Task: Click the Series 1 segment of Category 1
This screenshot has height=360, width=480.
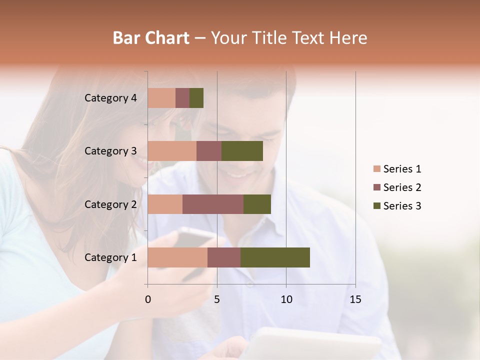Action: tap(177, 257)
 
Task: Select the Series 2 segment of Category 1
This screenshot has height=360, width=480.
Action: tap(224, 257)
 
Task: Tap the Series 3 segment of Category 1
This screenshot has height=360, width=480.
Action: tap(275, 257)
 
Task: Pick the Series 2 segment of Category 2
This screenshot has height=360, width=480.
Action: tap(213, 204)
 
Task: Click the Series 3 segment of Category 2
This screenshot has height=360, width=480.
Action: tap(257, 204)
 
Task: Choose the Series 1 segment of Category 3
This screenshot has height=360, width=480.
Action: tap(172, 151)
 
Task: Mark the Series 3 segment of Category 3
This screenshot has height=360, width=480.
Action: tap(242, 151)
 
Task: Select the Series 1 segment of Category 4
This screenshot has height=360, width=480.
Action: tap(161, 98)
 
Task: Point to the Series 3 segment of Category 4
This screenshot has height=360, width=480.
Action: tap(196, 98)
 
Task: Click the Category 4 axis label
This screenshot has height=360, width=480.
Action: tap(110, 98)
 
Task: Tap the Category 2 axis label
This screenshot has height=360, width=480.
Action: tap(110, 204)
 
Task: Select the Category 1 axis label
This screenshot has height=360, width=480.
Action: tap(110, 257)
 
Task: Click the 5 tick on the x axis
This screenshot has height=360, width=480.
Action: tap(217, 299)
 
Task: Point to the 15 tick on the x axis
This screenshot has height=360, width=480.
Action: tap(355, 299)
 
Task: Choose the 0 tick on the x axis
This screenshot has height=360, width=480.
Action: tap(148, 299)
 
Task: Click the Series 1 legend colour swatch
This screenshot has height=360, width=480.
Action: tap(376, 169)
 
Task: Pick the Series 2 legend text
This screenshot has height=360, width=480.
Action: tap(402, 187)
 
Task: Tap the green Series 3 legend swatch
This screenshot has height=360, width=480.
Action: tap(376, 206)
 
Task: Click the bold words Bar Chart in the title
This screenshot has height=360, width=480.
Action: tap(151, 38)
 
